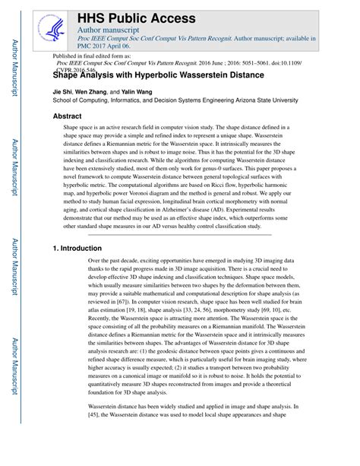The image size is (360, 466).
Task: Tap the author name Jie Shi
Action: coord(65,90)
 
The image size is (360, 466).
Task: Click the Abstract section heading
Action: coord(67,116)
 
